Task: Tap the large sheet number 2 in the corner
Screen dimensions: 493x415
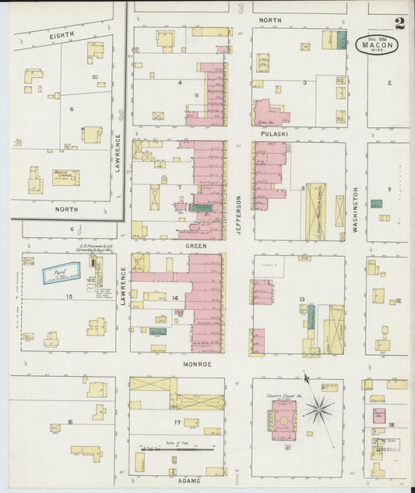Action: [x=399, y=23]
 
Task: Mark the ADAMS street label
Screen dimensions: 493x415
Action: [x=189, y=481]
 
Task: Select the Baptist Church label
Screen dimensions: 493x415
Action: [x=65, y=176]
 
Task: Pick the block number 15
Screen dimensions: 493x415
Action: [x=69, y=296]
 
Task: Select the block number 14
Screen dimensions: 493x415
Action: [x=174, y=298]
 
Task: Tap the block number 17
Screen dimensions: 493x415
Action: [x=178, y=423]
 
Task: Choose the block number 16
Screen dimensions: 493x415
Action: [x=69, y=422]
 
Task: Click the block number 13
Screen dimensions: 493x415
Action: [x=301, y=299]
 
